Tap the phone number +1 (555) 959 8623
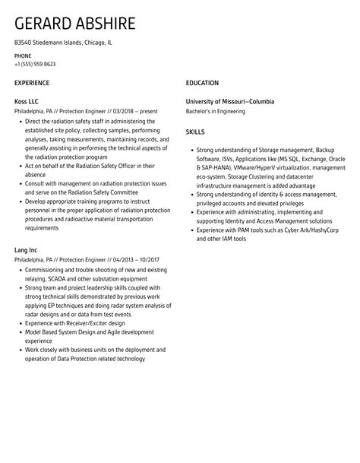tap(35, 64)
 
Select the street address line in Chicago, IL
tap(63, 43)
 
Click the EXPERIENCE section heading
tap(32, 83)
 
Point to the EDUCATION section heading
tap(202, 83)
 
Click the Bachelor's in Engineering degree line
tap(216, 112)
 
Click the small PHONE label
tap(23, 55)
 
